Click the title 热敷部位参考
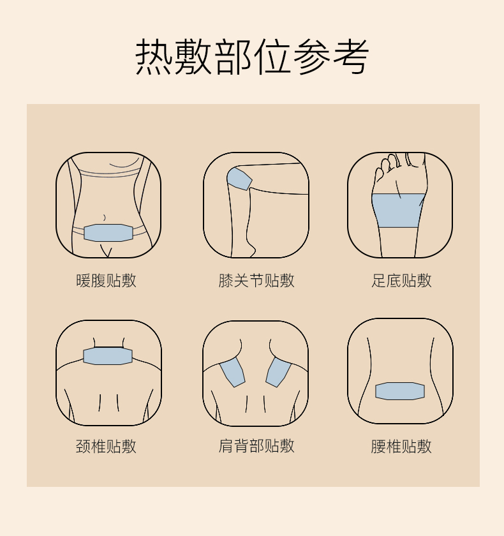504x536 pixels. point(252,56)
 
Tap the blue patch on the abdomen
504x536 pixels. point(108,233)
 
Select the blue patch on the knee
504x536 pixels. point(239,179)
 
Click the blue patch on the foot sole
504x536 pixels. point(399,211)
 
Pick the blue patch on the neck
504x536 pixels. point(108,356)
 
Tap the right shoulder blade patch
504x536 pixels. point(279,372)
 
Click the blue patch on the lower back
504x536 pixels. point(400,391)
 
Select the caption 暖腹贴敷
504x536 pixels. point(106,281)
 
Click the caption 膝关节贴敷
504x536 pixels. point(256,281)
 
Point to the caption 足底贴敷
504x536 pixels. point(401,281)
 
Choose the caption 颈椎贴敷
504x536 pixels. point(106,446)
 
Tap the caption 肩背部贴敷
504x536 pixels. point(256,446)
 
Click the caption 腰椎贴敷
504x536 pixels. point(401,446)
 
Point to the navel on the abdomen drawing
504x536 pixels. point(104,218)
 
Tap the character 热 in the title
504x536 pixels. point(153,56)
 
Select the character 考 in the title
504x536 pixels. point(351,56)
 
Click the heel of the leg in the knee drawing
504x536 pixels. point(251,250)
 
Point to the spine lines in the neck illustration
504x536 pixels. point(108,403)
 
